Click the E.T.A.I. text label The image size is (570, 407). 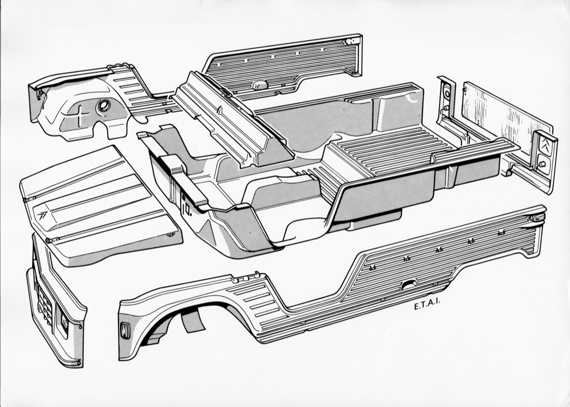(427, 306)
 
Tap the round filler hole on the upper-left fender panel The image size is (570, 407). (103, 106)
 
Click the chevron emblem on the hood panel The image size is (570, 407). (42, 214)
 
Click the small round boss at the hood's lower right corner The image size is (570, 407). (170, 236)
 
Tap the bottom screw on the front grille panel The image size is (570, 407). (79, 363)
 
